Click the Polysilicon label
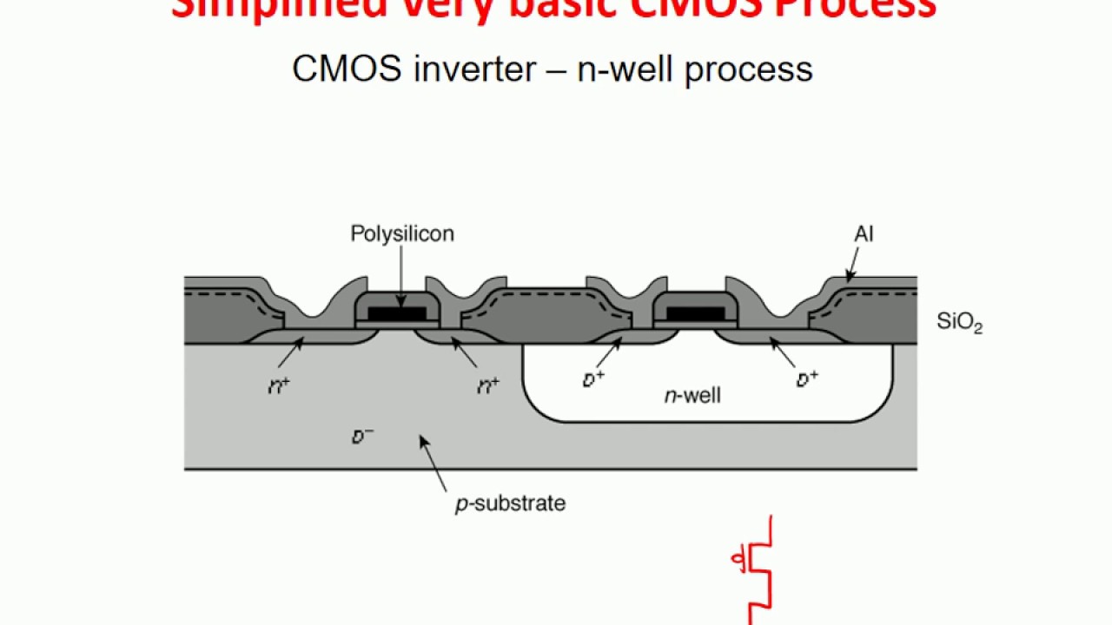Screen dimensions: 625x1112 point(402,234)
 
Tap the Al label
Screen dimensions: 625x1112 point(864,234)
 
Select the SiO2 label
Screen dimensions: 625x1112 point(959,322)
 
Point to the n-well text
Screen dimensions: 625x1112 point(692,397)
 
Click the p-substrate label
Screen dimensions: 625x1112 point(510,503)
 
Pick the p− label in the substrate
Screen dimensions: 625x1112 point(362,437)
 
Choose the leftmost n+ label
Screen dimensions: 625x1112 point(279,386)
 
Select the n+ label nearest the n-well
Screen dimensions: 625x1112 point(488,386)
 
